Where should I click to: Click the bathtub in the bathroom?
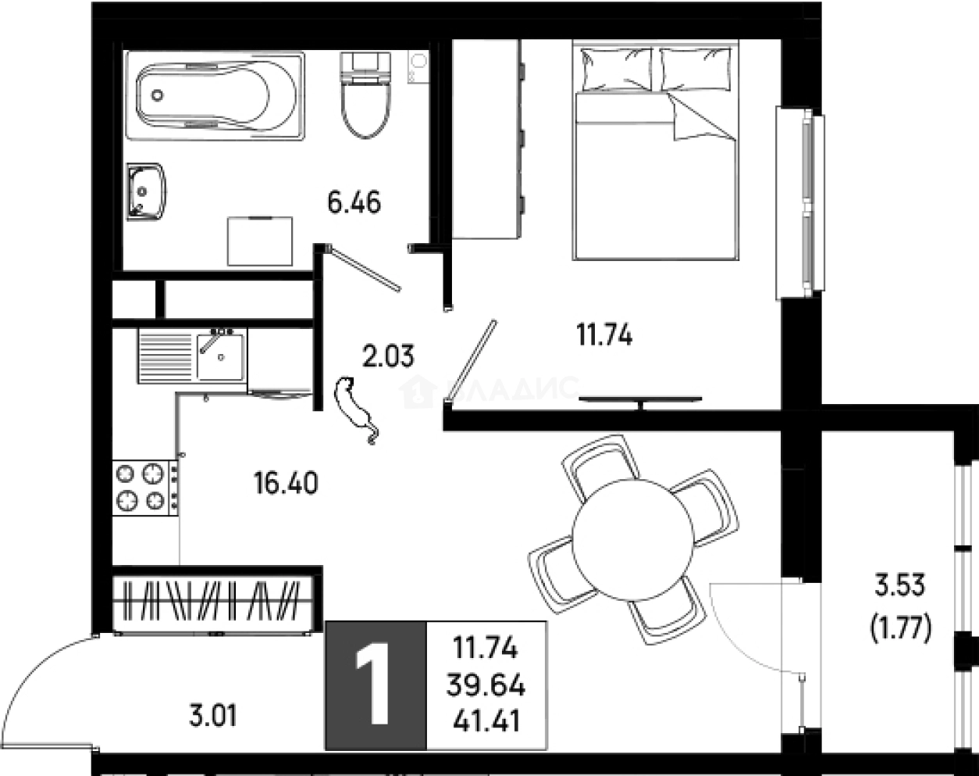215,95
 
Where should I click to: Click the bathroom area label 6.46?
354,204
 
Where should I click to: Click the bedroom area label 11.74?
603,335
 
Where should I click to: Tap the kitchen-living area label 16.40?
285,484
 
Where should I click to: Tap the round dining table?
632,539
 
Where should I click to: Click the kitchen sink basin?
220,356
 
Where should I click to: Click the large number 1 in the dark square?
376,685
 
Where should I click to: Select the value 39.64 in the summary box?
486,686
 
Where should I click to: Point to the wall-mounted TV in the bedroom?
640,400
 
